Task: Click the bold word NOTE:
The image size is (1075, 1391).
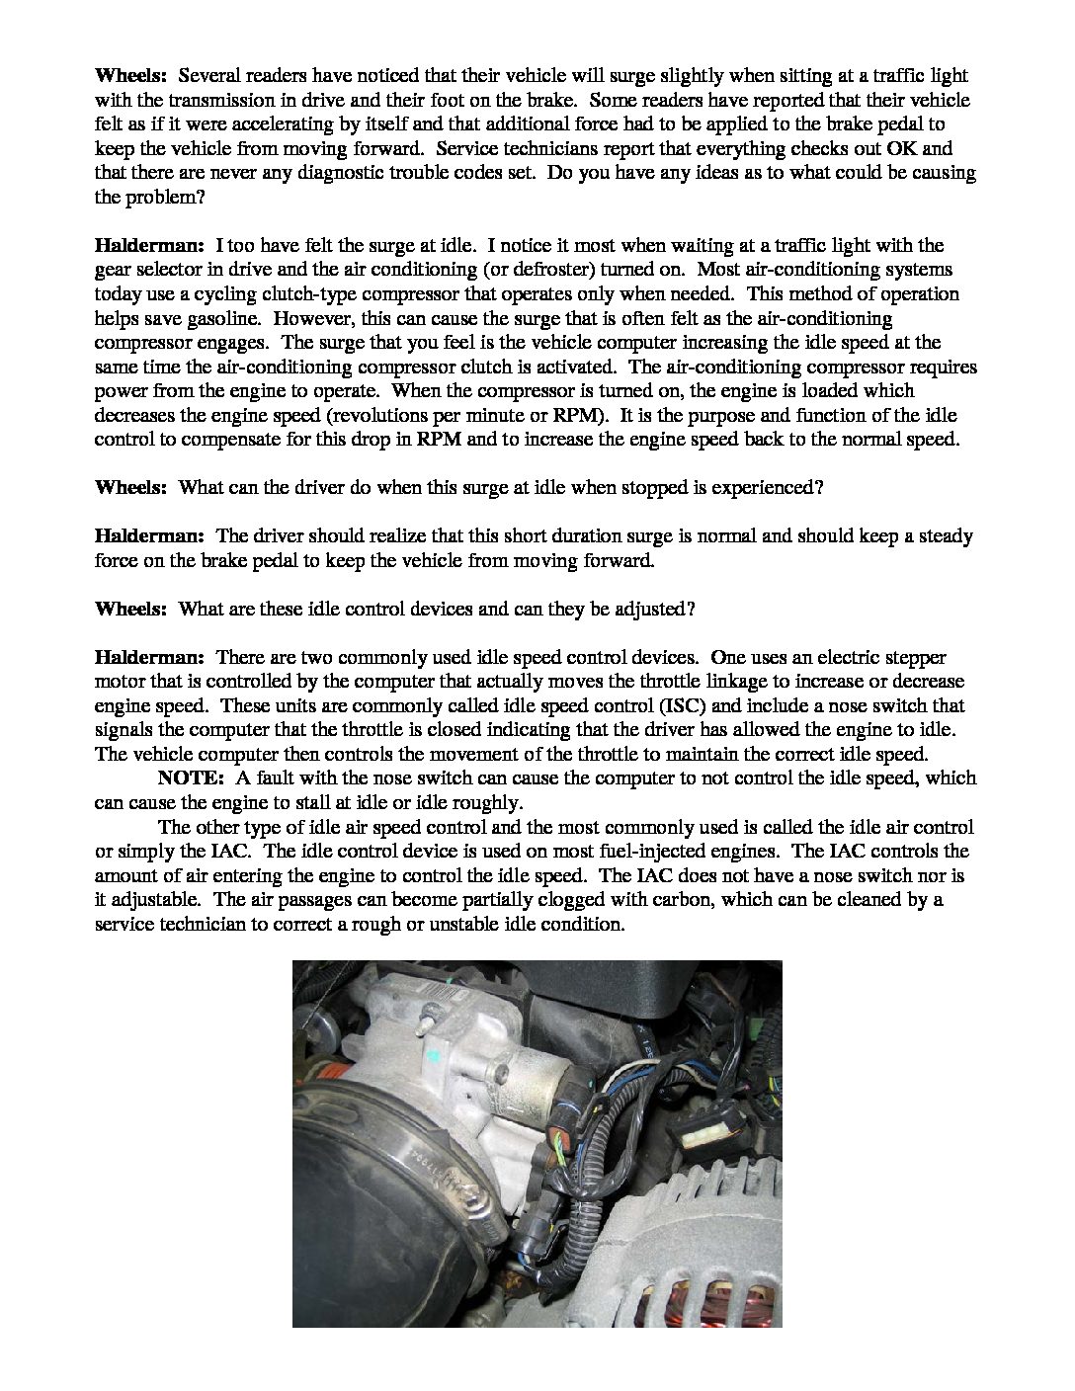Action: point(191,777)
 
